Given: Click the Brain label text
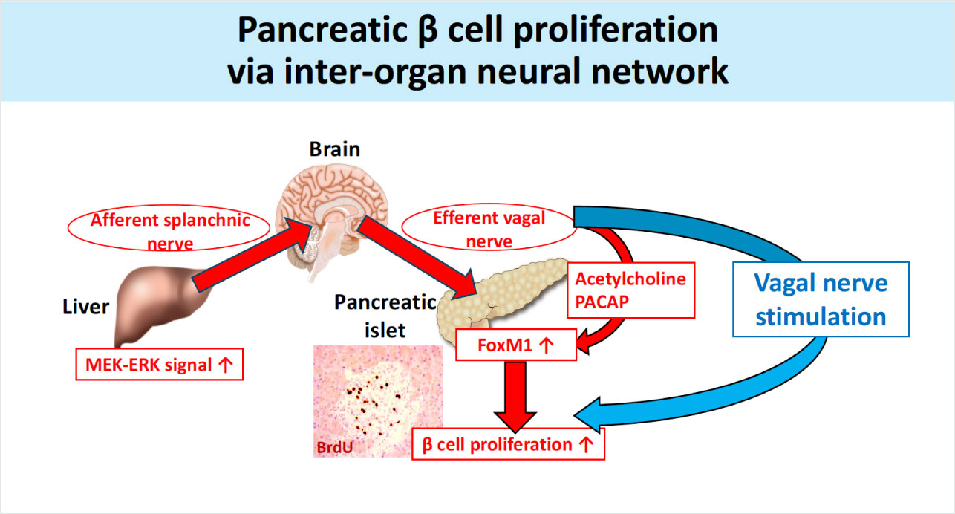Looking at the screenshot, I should (334, 149).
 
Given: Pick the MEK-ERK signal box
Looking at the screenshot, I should (160, 365).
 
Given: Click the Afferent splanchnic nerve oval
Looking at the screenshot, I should (170, 231).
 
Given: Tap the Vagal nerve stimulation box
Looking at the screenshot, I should (820, 300).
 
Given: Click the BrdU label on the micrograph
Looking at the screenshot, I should (336, 446).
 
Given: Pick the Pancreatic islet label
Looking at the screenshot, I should (384, 315).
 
